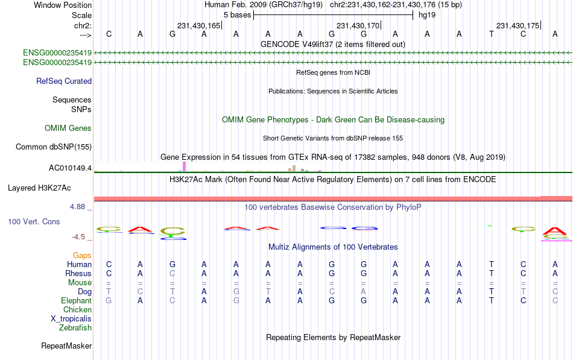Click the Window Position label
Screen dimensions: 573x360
pyautogui.click(x=63, y=5)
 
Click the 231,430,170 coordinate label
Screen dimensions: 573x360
pyautogui.click(x=358, y=25)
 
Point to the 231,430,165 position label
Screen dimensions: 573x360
pyautogui.click(x=199, y=25)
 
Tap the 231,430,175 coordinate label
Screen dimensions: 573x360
pyautogui.click(x=518, y=25)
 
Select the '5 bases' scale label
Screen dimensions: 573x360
pyautogui.click(x=238, y=15)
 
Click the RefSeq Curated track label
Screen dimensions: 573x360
pyautogui.click(x=64, y=81)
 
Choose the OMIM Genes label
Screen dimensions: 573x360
pyautogui.click(x=68, y=128)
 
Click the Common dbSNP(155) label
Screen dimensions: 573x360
pyautogui.click(x=54, y=147)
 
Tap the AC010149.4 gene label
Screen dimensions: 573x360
pyautogui.click(x=70, y=168)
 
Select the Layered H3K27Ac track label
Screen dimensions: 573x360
pyautogui.click(x=39, y=188)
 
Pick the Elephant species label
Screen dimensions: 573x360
pyautogui.click(x=77, y=300)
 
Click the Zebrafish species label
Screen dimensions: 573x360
pyautogui.click(x=75, y=328)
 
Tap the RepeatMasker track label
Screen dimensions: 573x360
pyautogui.click(x=66, y=346)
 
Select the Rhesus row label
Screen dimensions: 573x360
pyautogui.click(x=78, y=273)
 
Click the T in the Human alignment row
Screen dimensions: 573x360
pyautogui.click(x=492, y=264)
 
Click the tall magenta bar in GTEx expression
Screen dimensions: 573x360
pyautogui.click(x=184, y=166)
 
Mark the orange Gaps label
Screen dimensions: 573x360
pyautogui.click(x=82, y=255)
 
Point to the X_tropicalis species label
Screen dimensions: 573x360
pyautogui.click(x=71, y=319)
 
